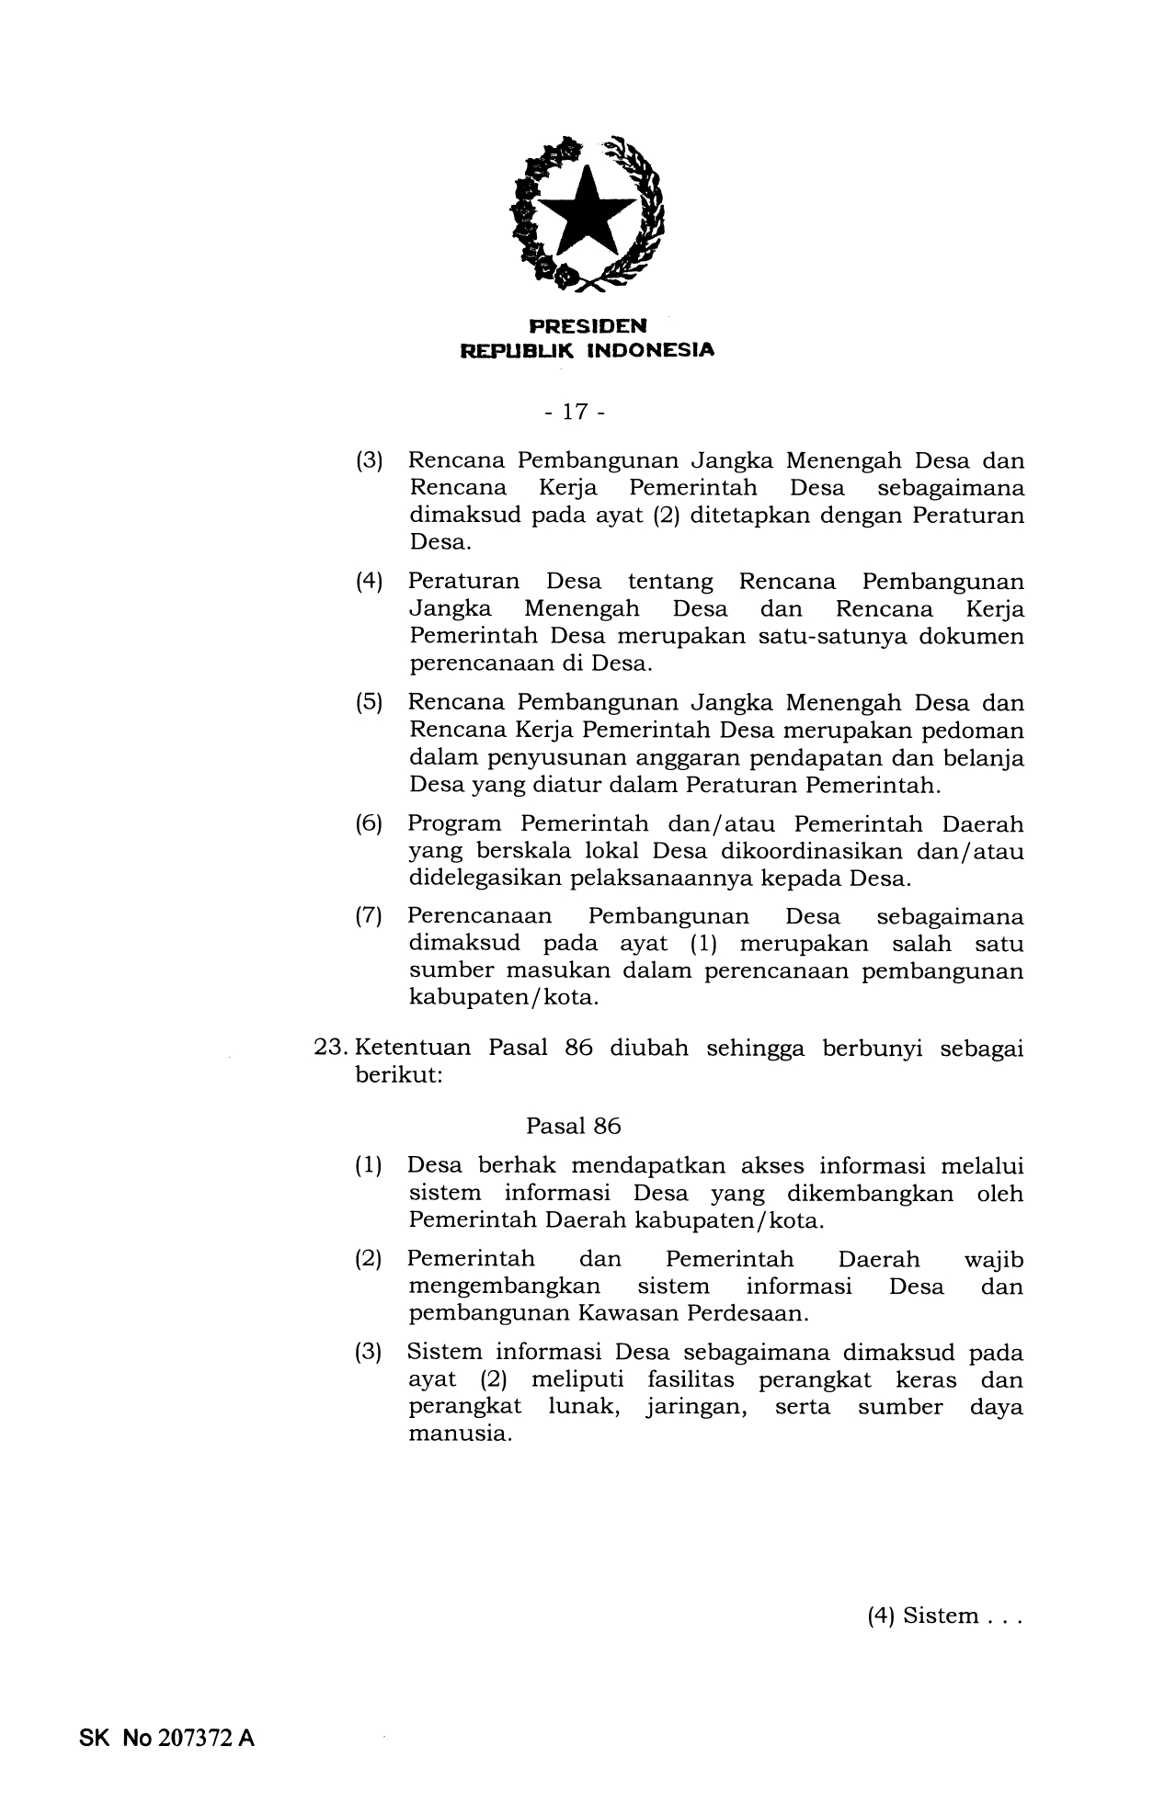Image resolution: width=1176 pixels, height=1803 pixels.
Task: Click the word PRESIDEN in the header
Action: pyautogui.click(x=588, y=326)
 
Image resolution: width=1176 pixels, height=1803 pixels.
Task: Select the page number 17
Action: pyautogui.click(x=575, y=412)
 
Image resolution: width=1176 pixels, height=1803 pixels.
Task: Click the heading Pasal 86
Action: pyautogui.click(x=573, y=1126)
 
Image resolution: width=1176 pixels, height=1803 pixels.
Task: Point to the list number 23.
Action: pyautogui.click(x=328, y=1049)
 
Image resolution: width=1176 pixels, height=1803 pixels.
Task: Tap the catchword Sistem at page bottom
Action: pyautogui.click(x=941, y=1616)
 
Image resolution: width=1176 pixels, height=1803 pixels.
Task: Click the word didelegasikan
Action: pyautogui.click(x=485, y=878)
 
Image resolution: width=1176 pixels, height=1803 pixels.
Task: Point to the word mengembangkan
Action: pyautogui.click(x=504, y=1287)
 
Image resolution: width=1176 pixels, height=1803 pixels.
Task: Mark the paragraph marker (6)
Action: pyautogui.click(x=369, y=824)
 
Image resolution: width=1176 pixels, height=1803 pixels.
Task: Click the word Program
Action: pyautogui.click(x=454, y=824)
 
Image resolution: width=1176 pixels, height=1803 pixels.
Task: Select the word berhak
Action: pyautogui.click(x=517, y=1166)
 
